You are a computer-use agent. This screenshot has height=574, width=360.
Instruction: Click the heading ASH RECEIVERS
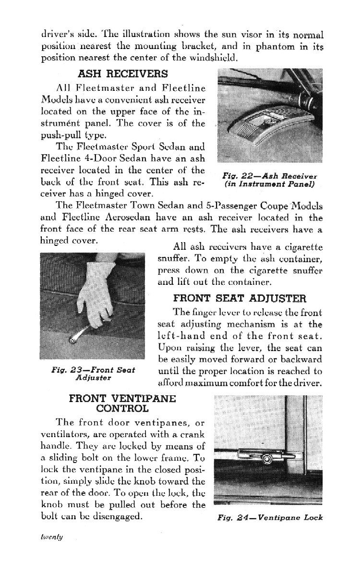point(123,74)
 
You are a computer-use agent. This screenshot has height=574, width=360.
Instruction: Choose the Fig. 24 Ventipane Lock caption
point(270,517)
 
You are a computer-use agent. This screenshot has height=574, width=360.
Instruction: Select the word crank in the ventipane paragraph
point(191,434)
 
